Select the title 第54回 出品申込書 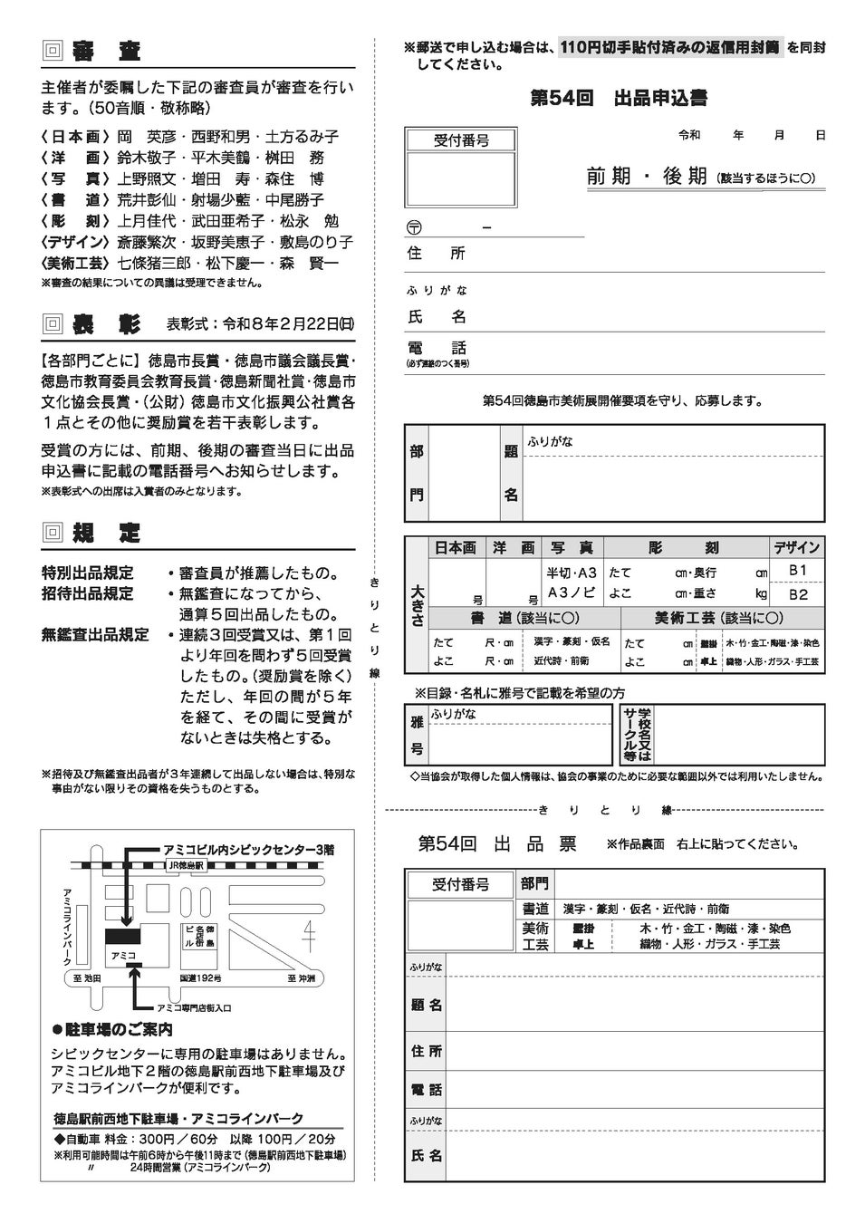coord(619,99)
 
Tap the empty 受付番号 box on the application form coord(461,181)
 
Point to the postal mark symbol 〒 coord(415,227)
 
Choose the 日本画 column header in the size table coord(456,548)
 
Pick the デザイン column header coord(796,548)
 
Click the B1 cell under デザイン coord(797,571)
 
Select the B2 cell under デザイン coord(797,594)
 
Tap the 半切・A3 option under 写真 coord(572,573)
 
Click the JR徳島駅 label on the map coord(187,866)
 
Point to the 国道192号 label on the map coord(200,978)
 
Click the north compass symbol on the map coord(308,934)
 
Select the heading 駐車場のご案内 coord(119,1030)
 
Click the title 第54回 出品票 coord(497,843)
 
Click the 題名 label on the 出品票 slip coord(426,1006)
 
